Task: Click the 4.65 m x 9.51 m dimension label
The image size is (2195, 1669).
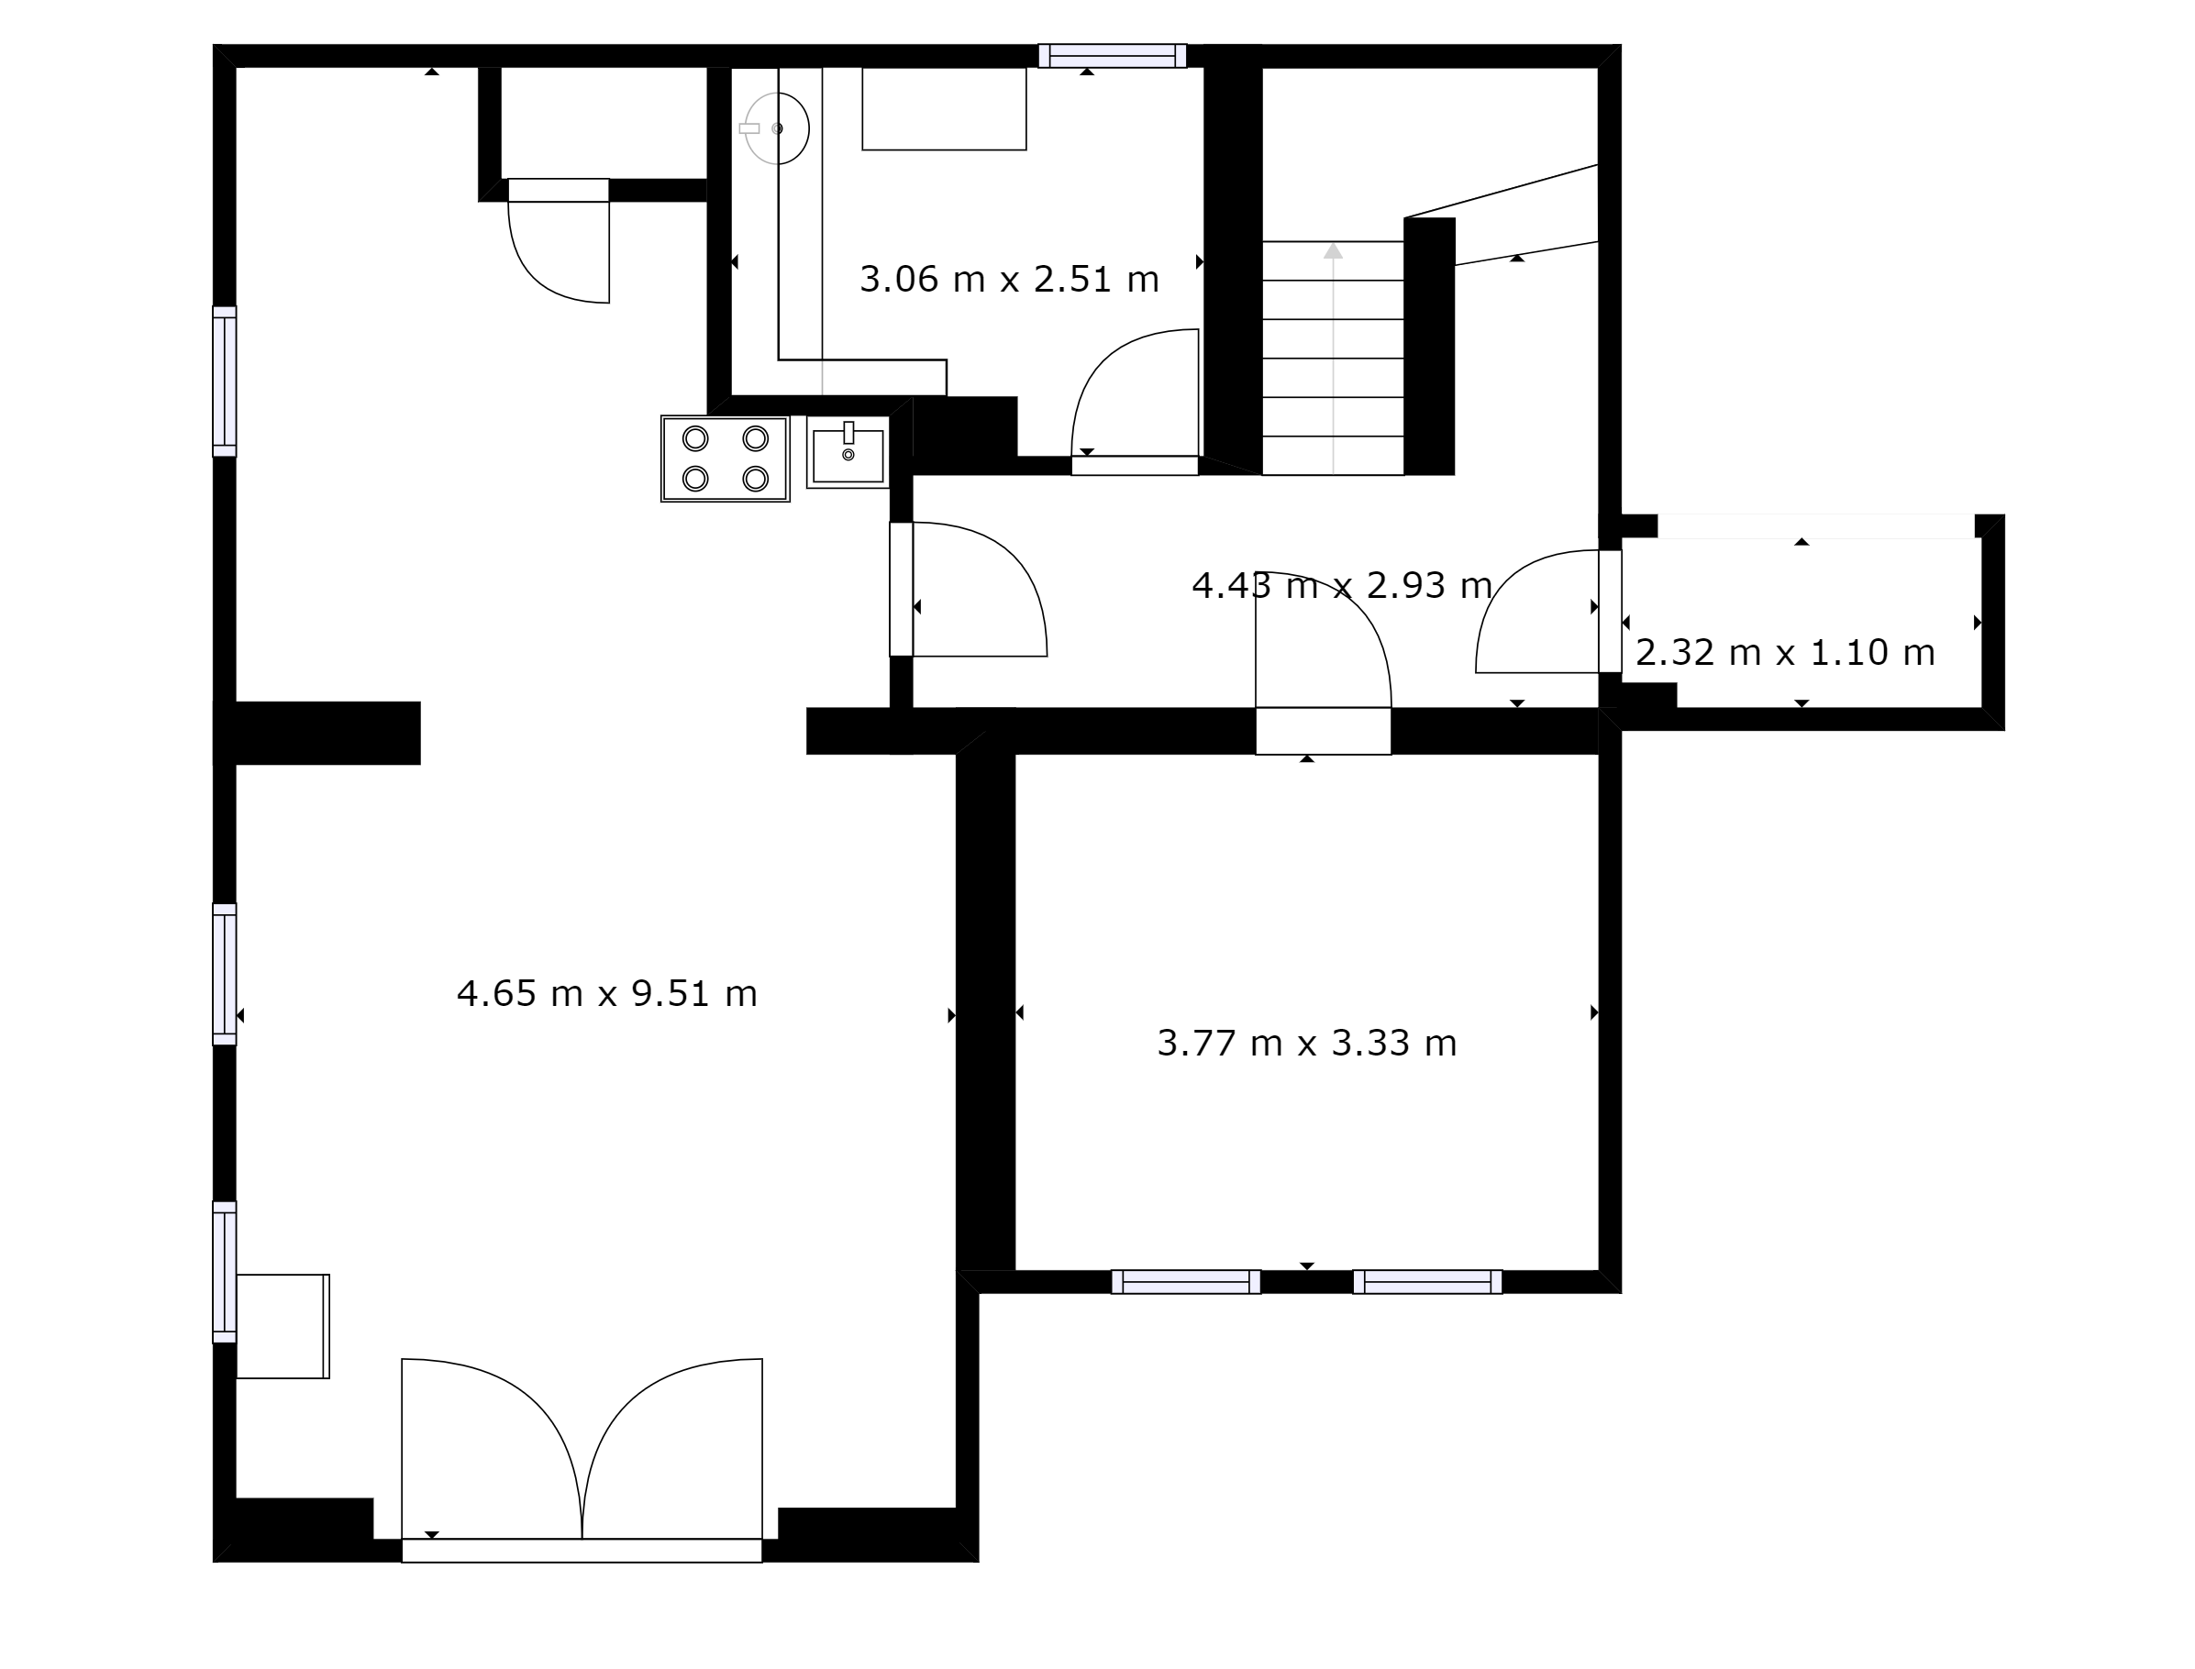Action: (607, 993)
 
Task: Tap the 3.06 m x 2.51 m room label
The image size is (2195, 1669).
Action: (1010, 279)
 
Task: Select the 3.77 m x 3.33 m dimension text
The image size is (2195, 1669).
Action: (1307, 1044)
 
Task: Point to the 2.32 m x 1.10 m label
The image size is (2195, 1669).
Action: (1785, 653)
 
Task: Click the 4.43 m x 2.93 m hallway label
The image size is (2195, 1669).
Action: (1341, 585)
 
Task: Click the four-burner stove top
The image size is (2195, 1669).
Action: (726, 459)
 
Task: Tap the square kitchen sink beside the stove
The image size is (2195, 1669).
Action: (848, 452)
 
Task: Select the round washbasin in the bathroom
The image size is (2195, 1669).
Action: (776, 128)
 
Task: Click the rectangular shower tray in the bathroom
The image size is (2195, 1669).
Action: (944, 109)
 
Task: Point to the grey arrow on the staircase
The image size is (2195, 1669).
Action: (1334, 358)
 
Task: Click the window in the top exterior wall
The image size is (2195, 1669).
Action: (1113, 56)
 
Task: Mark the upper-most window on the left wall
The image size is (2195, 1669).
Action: (225, 381)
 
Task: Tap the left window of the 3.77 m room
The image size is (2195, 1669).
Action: (1186, 1282)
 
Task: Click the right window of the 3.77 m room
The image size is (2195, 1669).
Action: (1428, 1282)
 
